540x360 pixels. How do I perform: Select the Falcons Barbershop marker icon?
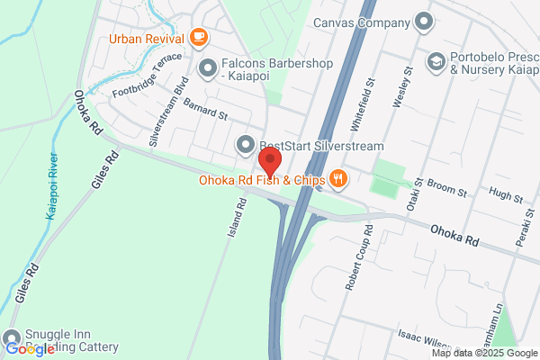point(208,66)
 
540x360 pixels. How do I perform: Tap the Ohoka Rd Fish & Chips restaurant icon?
point(338,178)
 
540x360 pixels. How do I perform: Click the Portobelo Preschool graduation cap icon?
point(436,60)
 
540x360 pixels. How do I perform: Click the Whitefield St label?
point(370,95)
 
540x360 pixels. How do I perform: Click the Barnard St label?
point(206,111)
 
